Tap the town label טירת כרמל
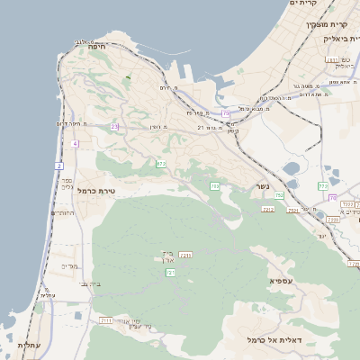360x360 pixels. coord(99,191)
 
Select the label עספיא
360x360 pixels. coord(280,282)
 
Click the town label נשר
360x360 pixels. coord(260,186)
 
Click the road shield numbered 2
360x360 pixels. coord(59,166)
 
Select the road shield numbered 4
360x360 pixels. coord(75,144)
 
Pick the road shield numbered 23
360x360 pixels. coord(114,127)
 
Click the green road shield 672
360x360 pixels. coord(160,164)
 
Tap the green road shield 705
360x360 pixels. coord(215,185)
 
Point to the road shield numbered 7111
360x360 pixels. coord(106,319)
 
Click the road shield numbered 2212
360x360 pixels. coord(267,209)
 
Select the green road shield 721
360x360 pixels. coord(170,272)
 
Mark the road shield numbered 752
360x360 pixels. coord(280,195)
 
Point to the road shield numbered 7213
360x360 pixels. coord(186,256)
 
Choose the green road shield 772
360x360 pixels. coord(322,186)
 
